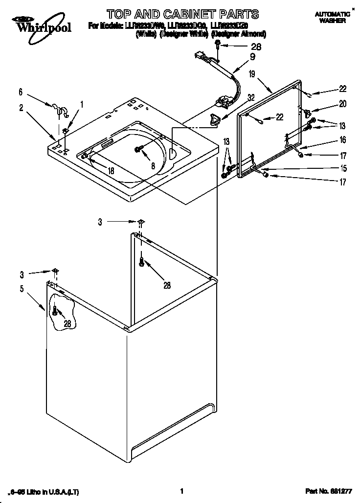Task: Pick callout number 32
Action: point(251,97)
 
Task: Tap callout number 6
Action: point(21,91)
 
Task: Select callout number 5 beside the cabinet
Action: point(22,289)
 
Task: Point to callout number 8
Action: point(153,166)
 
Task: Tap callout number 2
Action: point(22,108)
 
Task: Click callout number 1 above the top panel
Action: point(82,104)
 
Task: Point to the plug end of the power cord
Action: point(200,56)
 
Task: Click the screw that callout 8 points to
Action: point(139,149)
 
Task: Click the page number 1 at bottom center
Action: point(181,491)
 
